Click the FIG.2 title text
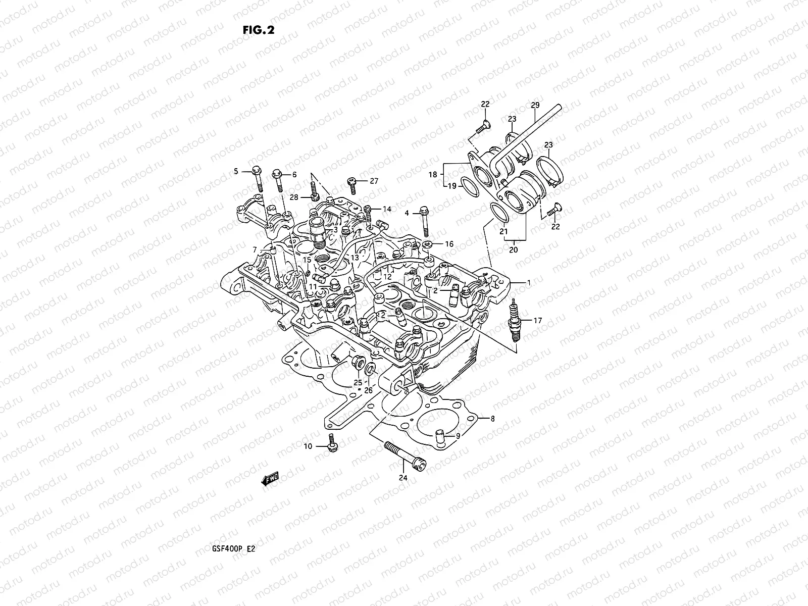[x=258, y=30]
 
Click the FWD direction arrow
[x=271, y=479]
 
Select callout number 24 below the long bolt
[x=402, y=478]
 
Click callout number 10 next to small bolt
[x=308, y=446]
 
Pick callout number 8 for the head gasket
[x=492, y=418]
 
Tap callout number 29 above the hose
[x=535, y=105]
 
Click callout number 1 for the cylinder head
[x=529, y=283]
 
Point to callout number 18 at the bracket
[x=433, y=175]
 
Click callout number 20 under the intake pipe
[x=514, y=250]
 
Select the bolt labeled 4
[x=424, y=222]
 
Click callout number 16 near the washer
[x=448, y=244]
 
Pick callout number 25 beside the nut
[x=358, y=382]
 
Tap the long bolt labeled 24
[x=405, y=453]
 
